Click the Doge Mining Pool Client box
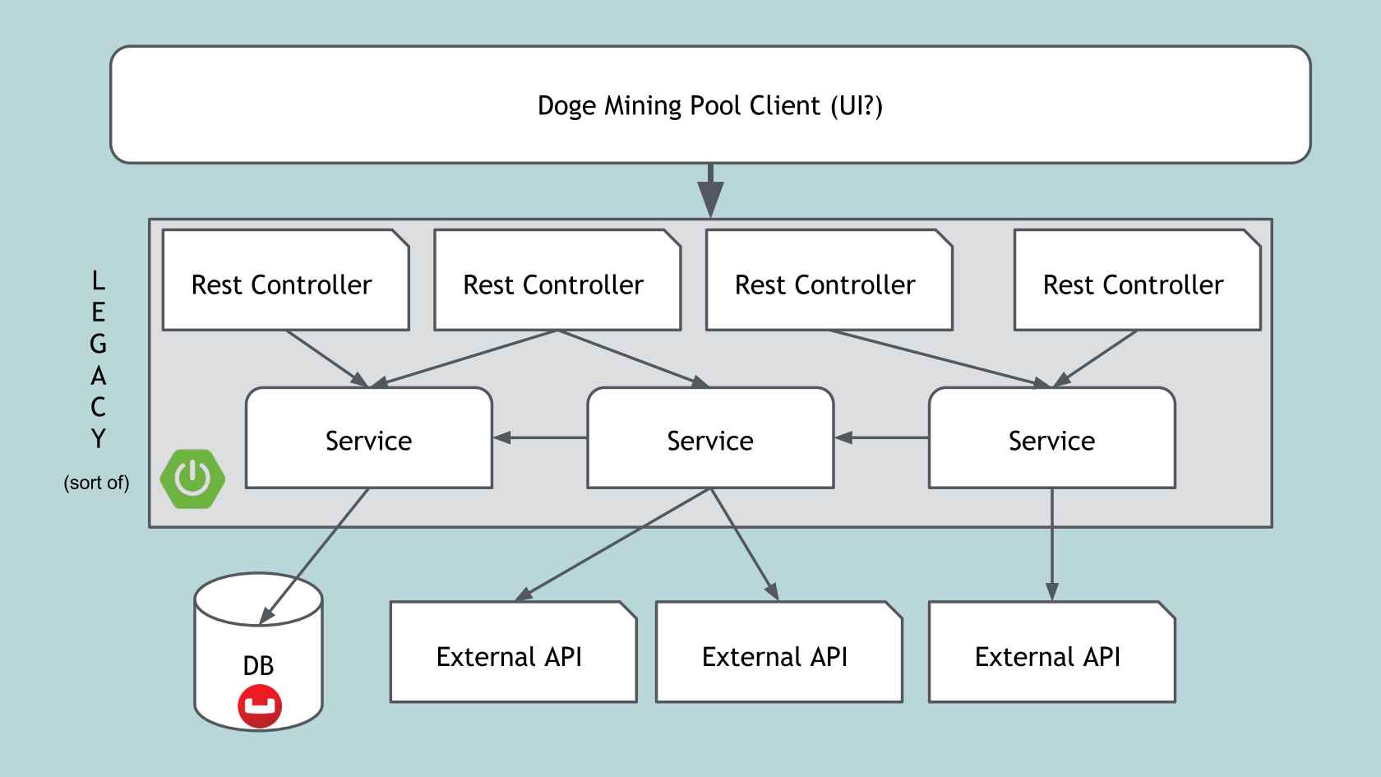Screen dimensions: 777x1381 (x=709, y=104)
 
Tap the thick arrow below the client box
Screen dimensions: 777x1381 (x=710, y=191)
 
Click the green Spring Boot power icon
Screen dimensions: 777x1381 (x=192, y=479)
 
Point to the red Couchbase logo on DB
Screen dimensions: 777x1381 (x=260, y=706)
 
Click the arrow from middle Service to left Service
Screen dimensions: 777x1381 (x=539, y=437)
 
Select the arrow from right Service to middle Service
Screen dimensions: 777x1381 (x=881, y=437)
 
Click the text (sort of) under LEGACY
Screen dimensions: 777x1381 (x=96, y=483)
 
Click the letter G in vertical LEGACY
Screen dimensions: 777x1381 (x=98, y=344)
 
